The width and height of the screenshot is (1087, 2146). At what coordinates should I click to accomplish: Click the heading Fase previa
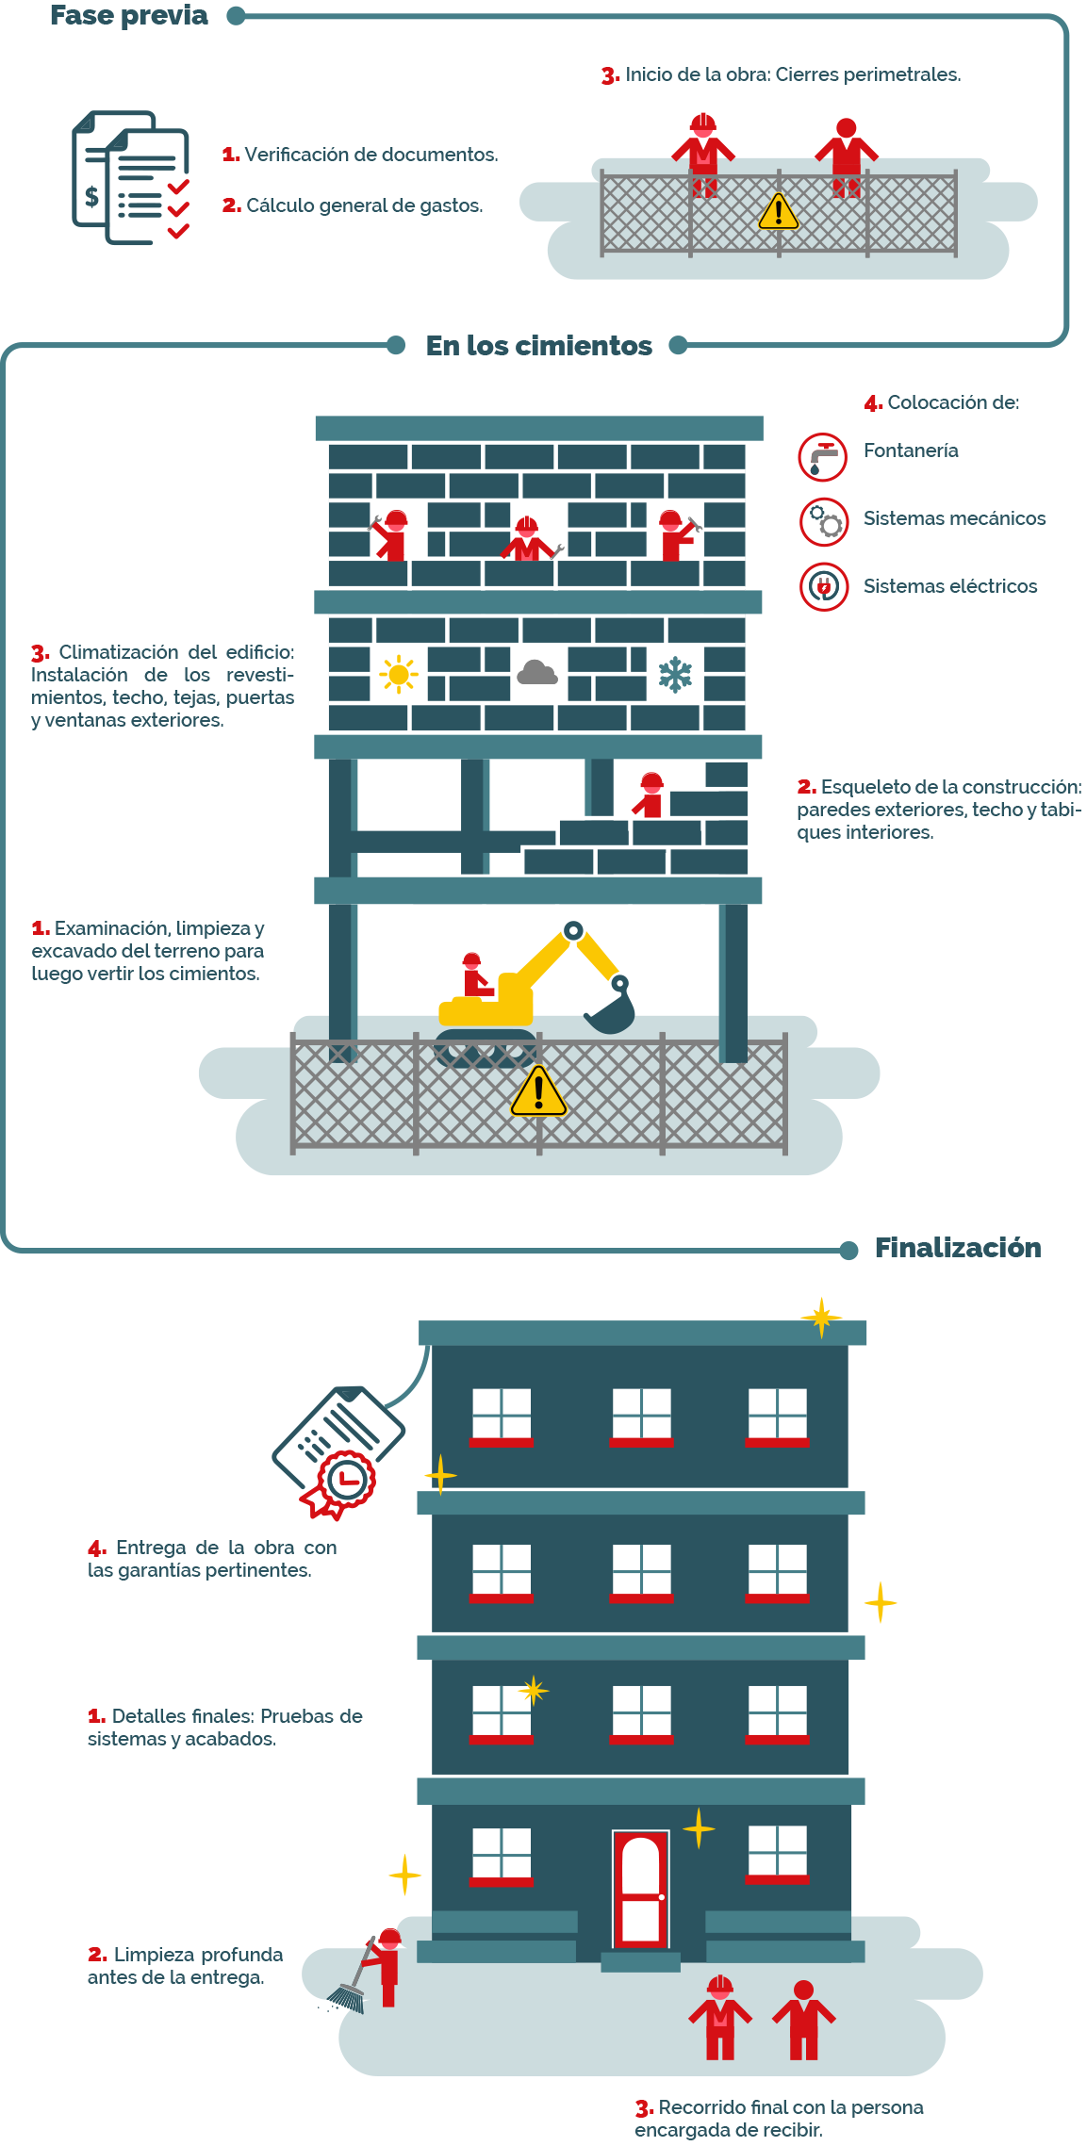coord(129,15)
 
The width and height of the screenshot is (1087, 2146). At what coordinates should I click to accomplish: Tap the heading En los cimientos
coord(538,346)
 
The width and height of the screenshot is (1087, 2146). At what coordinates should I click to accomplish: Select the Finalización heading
coord(958,1248)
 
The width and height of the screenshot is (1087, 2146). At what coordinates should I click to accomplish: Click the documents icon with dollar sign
coord(131,177)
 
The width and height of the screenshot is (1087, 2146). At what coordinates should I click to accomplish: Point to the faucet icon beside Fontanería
coord(824,457)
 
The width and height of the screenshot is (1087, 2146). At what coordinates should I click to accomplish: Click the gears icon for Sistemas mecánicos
coord(824,521)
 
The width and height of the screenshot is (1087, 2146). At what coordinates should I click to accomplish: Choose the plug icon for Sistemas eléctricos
coord(824,586)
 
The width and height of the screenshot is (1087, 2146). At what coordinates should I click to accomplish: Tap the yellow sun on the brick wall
coord(399,674)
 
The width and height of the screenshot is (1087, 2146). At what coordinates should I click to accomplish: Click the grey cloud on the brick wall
coord(537,672)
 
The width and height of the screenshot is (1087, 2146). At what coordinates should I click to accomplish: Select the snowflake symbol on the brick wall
coord(675,674)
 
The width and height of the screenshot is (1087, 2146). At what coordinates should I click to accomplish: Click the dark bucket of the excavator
coord(611,1007)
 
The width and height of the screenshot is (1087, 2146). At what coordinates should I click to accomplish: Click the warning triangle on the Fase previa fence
coord(779,212)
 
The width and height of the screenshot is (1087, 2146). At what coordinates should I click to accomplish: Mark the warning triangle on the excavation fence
coord(538,1091)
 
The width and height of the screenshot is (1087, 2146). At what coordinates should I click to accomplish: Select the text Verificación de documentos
coord(371,155)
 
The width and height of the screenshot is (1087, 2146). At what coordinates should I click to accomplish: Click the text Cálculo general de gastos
coord(365,205)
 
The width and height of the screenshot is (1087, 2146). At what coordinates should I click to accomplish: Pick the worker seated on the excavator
coord(475,975)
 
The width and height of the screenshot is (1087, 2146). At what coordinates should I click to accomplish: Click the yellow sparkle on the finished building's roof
coord(821,1317)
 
